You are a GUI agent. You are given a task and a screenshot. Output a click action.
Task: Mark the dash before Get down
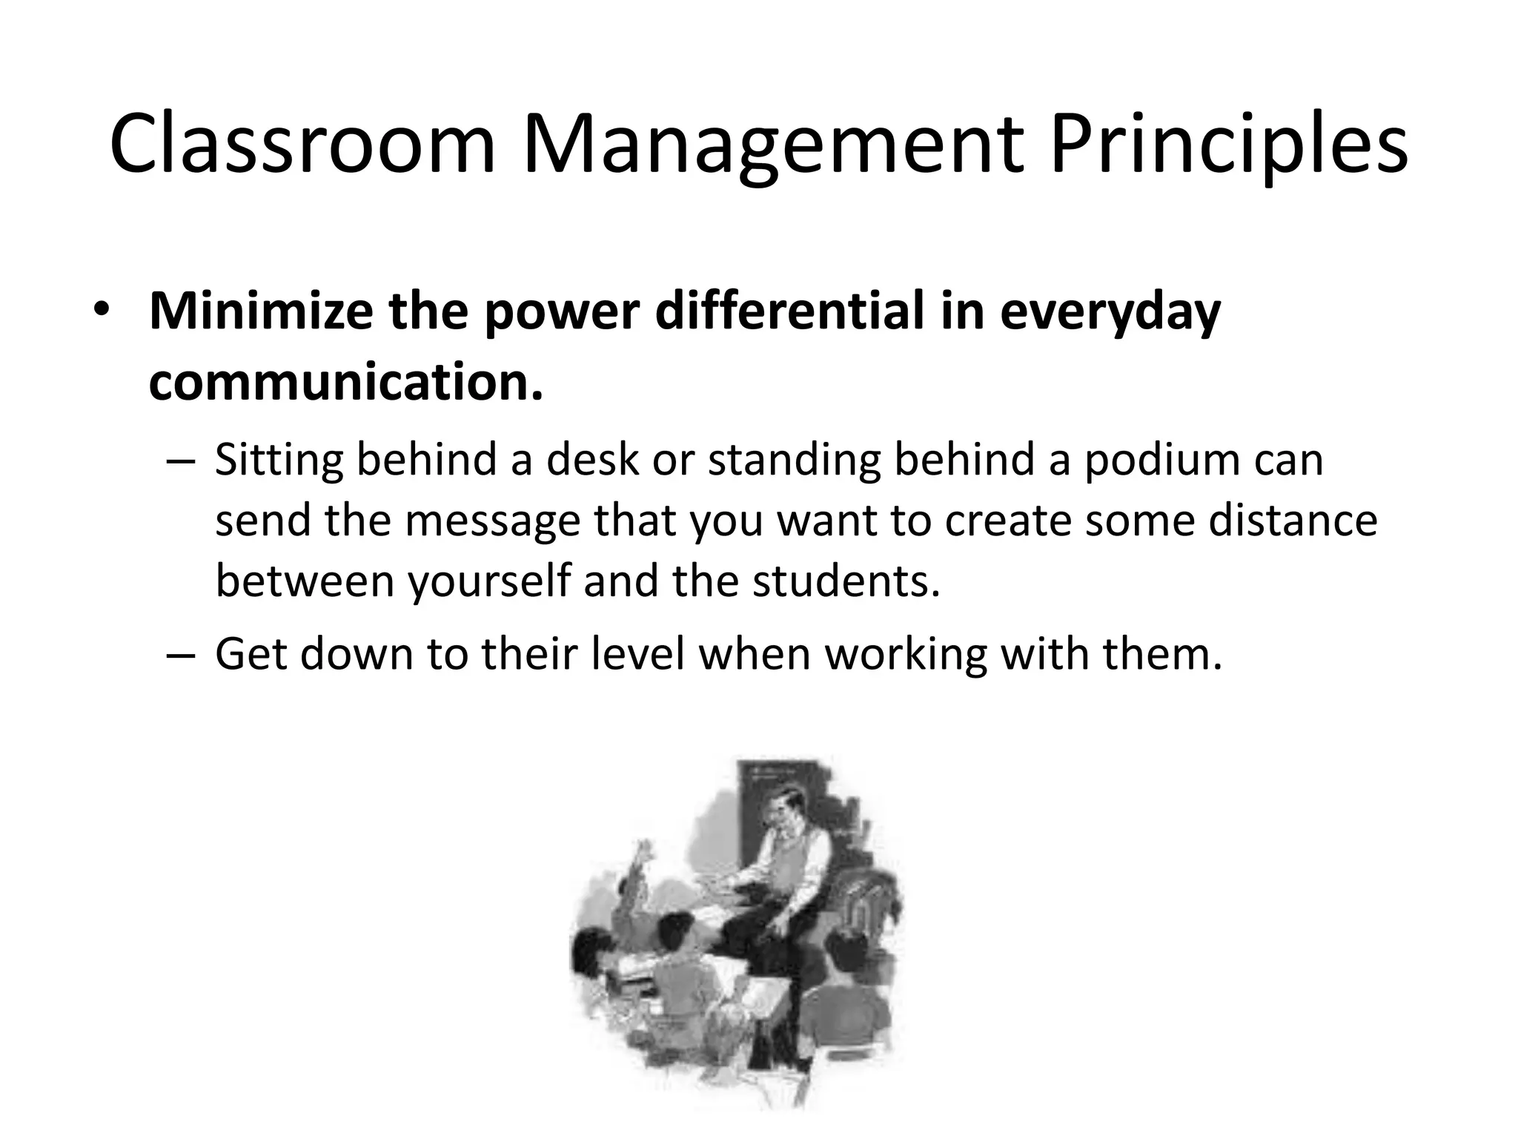click(x=181, y=656)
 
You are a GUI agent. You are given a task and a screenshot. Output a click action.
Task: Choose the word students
click(x=846, y=581)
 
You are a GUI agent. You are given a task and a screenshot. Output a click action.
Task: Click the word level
click(x=638, y=655)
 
